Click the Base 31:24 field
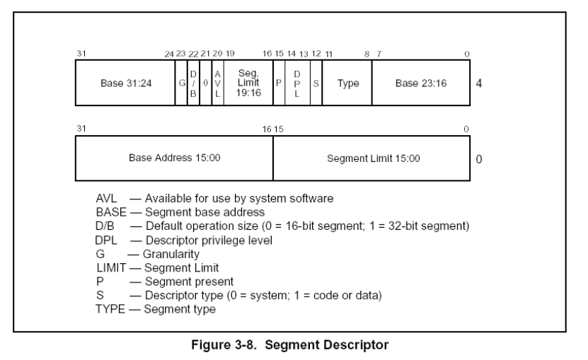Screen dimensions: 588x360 (125, 83)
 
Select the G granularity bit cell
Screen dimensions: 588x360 (181, 83)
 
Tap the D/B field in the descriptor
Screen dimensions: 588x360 (193, 83)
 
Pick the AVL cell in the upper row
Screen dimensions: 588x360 (217, 83)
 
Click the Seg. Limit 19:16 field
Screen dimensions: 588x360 (248, 83)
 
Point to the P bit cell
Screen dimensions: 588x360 (279, 83)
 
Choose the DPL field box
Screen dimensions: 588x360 (297, 83)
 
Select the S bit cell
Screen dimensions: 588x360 (316, 83)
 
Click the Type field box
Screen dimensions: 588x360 (347, 83)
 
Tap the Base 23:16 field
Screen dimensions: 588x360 (421, 83)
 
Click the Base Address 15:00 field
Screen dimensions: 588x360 (174, 158)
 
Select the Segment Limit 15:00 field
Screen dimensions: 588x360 (371, 158)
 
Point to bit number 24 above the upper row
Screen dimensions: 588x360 (169, 54)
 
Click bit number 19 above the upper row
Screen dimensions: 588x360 (230, 54)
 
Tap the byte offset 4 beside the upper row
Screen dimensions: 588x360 (479, 83)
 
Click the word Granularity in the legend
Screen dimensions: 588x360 (171, 254)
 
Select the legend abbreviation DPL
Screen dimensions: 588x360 (106, 240)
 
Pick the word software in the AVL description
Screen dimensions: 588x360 (311, 198)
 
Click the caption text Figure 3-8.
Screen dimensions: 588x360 (224, 344)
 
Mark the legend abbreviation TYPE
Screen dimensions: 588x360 (110, 309)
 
